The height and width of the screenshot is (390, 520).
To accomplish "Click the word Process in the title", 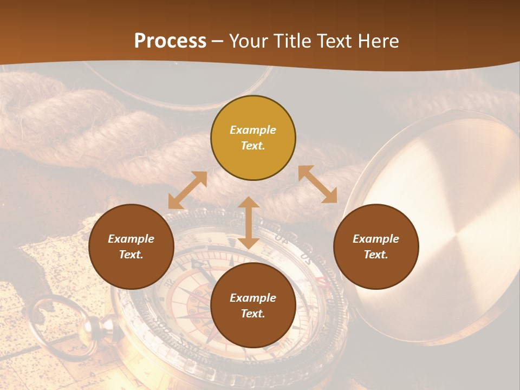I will (170, 41).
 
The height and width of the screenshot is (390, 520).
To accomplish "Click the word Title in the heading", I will (291, 41).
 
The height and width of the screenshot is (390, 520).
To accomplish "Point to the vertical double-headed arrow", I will (249, 223).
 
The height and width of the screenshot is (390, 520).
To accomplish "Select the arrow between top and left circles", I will (187, 190).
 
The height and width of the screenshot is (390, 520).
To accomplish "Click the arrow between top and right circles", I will (317, 184).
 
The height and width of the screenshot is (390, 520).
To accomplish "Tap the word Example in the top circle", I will (253, 130).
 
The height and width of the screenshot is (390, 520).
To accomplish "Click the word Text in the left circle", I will (131, 255).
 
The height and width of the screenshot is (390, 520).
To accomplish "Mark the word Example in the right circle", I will (376, 239).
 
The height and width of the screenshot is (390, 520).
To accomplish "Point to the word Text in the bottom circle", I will (253, 314).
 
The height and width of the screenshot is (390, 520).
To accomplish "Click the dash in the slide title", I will (217, 41).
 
